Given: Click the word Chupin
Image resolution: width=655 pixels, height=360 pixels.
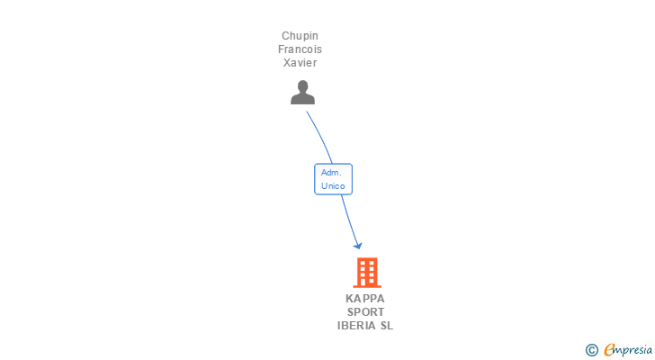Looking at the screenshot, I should point(300,36).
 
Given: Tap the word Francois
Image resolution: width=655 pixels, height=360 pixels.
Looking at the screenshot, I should point(300,49).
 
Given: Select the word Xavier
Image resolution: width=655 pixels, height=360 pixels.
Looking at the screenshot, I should point(300,63).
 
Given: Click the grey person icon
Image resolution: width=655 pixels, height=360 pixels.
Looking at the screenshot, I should point(303,93).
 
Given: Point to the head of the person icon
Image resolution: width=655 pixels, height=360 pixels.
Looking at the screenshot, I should point(303,86).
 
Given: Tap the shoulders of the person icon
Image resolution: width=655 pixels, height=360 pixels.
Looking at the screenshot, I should point(303,99).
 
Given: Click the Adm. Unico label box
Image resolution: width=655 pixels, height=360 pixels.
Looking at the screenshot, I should point(333,178).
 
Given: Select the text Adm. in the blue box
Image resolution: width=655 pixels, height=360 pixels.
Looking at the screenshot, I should point(329,172).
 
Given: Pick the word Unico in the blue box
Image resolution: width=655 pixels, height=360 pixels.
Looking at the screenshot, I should point(333,185).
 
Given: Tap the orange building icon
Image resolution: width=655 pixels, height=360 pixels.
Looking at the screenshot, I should point(366,272).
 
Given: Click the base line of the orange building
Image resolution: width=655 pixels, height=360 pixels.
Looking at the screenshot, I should point(366,285).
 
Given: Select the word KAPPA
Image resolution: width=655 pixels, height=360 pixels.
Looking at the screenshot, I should point(364,299).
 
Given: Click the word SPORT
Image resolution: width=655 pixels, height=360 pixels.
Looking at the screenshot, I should point(365,312).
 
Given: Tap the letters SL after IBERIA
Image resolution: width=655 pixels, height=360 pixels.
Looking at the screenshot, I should point(387,326).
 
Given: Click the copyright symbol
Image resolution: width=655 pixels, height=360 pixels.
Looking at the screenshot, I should point(592,349).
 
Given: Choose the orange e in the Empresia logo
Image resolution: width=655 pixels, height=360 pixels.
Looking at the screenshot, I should point(610,349).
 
